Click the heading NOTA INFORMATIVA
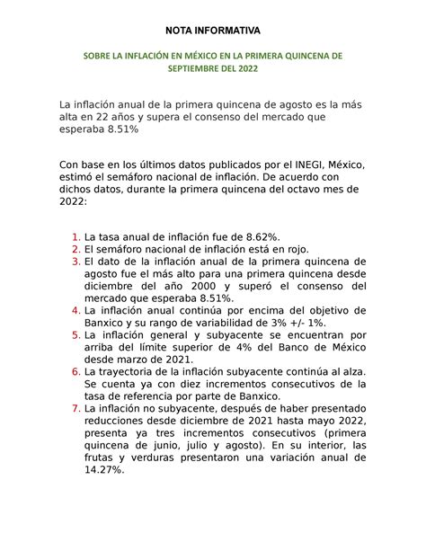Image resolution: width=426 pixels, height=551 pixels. click(x=213, y=19)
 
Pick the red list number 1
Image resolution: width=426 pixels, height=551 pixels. click(x=75, y=237)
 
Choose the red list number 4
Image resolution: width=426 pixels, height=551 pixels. click(x=75, y=308)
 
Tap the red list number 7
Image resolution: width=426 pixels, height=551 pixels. click(x=75, y=407)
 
